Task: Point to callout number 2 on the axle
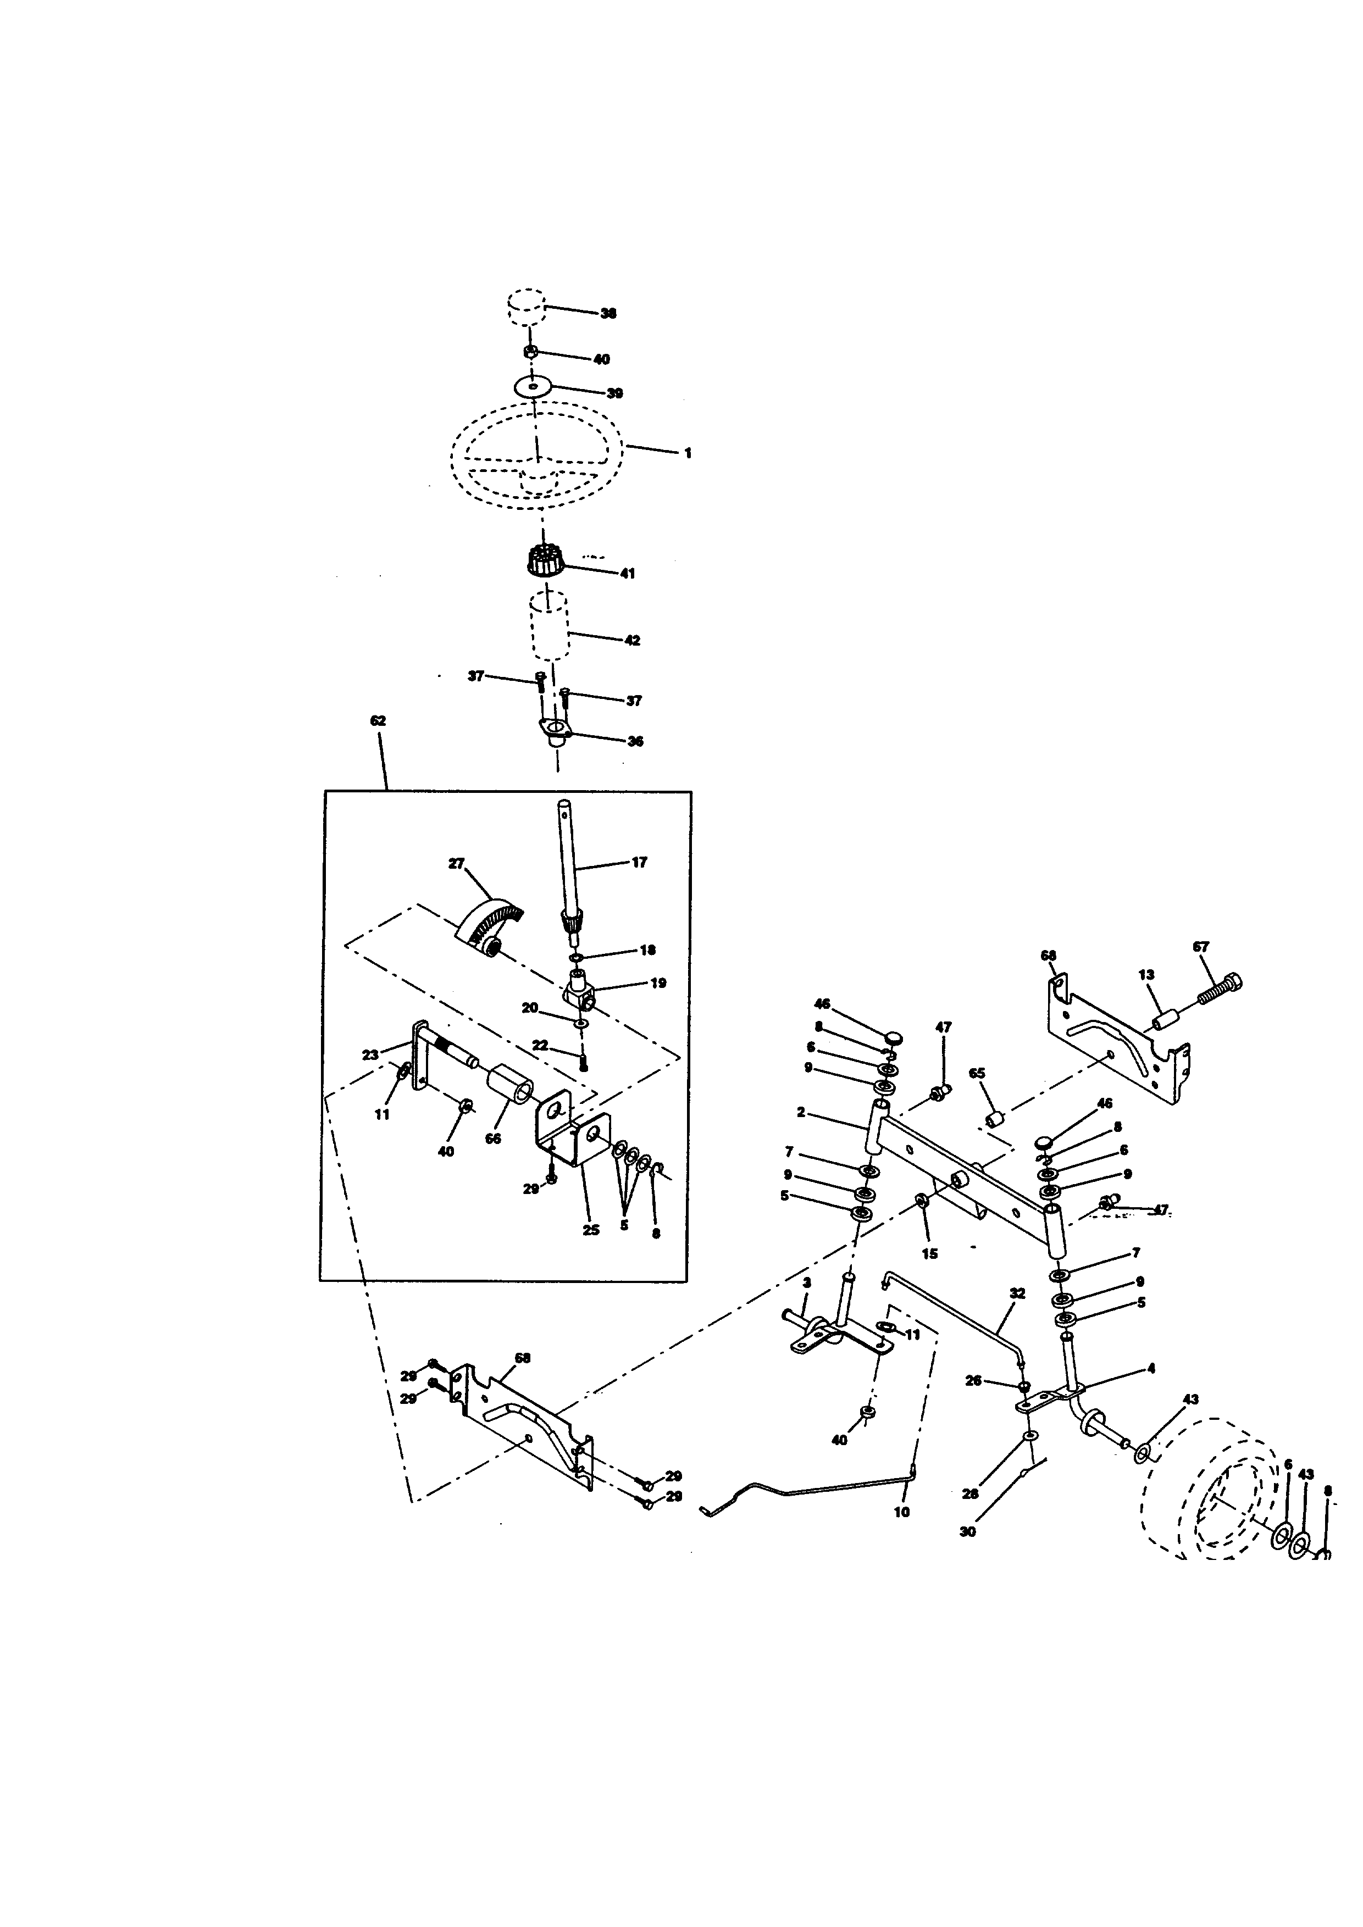[x=801, y=1113]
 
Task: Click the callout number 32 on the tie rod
[x=1017, y=1293]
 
